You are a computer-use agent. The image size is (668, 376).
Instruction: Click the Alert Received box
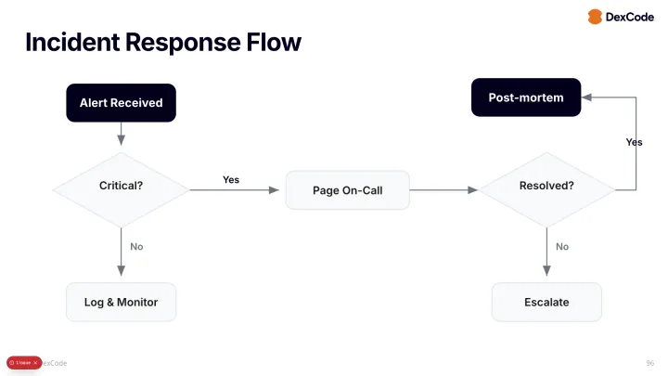[x=121, y=103]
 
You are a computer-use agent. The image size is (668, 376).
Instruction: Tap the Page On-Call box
[x=347, y=190]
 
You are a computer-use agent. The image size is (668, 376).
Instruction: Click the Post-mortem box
[x=526, y=97]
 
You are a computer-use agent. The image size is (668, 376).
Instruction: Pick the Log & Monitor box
[x=121, y=302]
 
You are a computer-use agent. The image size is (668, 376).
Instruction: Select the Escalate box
[x=546, y=302]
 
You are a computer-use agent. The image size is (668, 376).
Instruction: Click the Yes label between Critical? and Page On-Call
[x=231, y=179]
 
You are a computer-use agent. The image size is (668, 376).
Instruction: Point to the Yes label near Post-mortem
[x=634, y=143]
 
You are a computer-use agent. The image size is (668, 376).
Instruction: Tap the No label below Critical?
[x=136, y=247]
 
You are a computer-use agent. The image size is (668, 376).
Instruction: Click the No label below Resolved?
[x=562, y=247]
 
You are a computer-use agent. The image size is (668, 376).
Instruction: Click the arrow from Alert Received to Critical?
[x=121, y=135]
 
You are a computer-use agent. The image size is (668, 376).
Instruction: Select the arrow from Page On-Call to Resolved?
[x=443, y=190]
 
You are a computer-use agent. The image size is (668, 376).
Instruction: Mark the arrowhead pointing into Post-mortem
[x=587, y=97]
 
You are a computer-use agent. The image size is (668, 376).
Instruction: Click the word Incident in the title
[x=72, y=43]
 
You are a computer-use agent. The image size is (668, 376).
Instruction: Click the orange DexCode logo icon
[x=595, y=17]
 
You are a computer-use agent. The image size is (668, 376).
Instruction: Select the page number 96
[x=649, y=362]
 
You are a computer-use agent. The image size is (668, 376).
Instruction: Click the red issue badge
[x=24, y=362]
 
